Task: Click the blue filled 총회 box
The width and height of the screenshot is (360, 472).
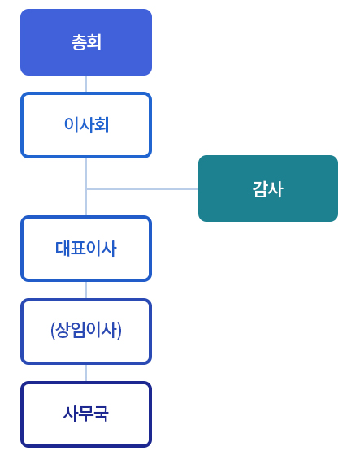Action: (x=86, y=42)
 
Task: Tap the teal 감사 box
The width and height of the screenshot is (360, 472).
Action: (x=268, y=188)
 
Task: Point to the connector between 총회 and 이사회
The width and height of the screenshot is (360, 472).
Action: (x=86, y=84)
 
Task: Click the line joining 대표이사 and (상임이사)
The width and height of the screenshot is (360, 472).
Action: (x=86, y=290)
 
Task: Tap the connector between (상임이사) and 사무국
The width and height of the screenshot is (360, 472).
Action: (x=86, y=373)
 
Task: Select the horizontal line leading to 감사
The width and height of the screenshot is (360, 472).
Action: (x=142, y=189)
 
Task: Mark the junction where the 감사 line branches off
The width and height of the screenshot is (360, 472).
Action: (x=86, y=189)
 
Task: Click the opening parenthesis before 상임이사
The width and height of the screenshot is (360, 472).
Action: (x=53, y=331)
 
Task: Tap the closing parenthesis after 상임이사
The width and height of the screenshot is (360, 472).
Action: (x=119, y=331)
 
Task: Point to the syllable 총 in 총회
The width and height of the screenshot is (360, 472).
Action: (x=79, y=42)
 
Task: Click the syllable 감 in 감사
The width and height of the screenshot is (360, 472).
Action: (x=260, y=189)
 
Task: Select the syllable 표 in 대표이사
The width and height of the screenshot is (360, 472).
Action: (x=78, y=249)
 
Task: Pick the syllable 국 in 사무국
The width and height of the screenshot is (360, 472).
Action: (x=101, y=414)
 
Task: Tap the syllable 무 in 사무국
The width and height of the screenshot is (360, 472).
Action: (x=86, y=414)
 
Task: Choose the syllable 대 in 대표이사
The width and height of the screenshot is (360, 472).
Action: (x=63, y=249)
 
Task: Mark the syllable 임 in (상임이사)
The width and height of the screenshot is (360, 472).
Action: (x=78, y=330)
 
